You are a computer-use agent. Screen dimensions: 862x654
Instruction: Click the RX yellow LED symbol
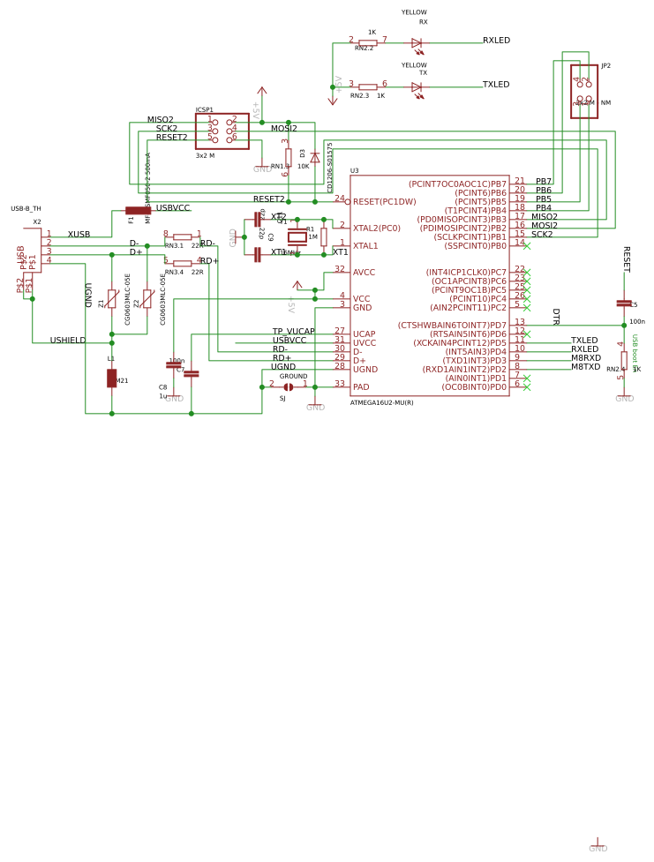pyautogui.click(x=417, y=42)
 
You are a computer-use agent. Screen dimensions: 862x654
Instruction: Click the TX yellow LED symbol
pyautogui.click(x=417, y=87)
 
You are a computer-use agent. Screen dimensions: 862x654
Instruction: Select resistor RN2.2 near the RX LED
pyautogui.click(x=368, y=42)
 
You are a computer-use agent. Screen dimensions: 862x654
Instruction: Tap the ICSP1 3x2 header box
pyautogui.click(x=222, y=131)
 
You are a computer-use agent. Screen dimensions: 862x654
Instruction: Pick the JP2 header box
pyautogui.click(x=583, y=91)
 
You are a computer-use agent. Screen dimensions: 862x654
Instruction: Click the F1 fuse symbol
pyautogui.click(x=138, y=210)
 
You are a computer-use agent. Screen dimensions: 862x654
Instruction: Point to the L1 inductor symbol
pyautogui.click(x=111, y=378)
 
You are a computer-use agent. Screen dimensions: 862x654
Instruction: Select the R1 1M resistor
pyautogui.click(x=324, y=236)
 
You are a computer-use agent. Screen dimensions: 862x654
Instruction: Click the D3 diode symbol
pyautogui.click(x=315, y=158)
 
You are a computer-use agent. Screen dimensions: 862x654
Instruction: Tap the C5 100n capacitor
pyautogui.click(x=624, y=304)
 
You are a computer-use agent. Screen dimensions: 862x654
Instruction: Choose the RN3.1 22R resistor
pyautogui.click(x=182, y=236)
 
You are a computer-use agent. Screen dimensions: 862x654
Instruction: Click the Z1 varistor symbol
pyautogui.click(x=111, y=298)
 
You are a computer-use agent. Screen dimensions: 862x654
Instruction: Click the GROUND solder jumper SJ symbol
pyautogui.click(x=289, y=386)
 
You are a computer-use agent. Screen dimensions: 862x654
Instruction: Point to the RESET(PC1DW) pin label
pyautogui.click(x=384, y=202)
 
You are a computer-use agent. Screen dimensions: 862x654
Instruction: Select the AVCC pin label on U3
pyautogui.click(x=364, y=273)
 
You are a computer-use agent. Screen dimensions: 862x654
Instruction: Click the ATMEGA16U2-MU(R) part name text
pyautogui.click(x=381, y=402)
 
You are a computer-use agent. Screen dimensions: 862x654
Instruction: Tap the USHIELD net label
pyautogui.click(x=68, y=341)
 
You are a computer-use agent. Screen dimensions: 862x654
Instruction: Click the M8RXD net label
pyautogui.click(x=585, y=358)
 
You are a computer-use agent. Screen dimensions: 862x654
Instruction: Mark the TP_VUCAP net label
pyautogui.click(x=293, y=332)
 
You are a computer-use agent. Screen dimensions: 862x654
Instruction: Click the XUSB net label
pyautogui.click(x=79, y=235)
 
